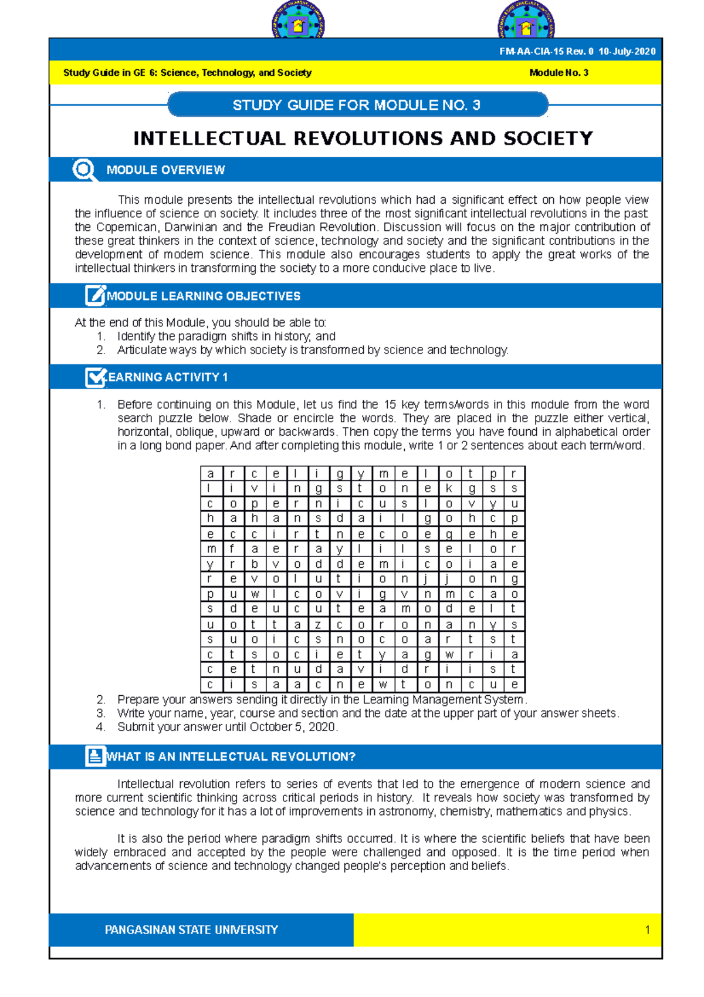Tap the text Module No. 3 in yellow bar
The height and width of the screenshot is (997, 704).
pyautogui.click(x=559, y=73)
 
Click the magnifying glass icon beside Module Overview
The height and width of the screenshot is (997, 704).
pyautogui.click(x=84, y=170)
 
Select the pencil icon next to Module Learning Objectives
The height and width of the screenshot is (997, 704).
pyautogui.click(x=94, y=295)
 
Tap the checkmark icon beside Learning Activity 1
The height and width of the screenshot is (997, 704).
pyautogui.click(x=94, y=377)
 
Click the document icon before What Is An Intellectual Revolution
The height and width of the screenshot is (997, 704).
pyautogui.click(x=94, y=756)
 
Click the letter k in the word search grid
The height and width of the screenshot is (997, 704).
pyautogui.click(x=449, y=489)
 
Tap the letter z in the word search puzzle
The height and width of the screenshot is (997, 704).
pyautogui.click(x=318, y=625)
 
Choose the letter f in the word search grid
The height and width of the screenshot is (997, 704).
pyautogui.click(x=233, y=549)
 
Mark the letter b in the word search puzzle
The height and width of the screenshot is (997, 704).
pyautogui.click(x=255, y=564)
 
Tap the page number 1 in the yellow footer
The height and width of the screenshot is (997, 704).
pyautogui.click(x=647, y=930)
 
